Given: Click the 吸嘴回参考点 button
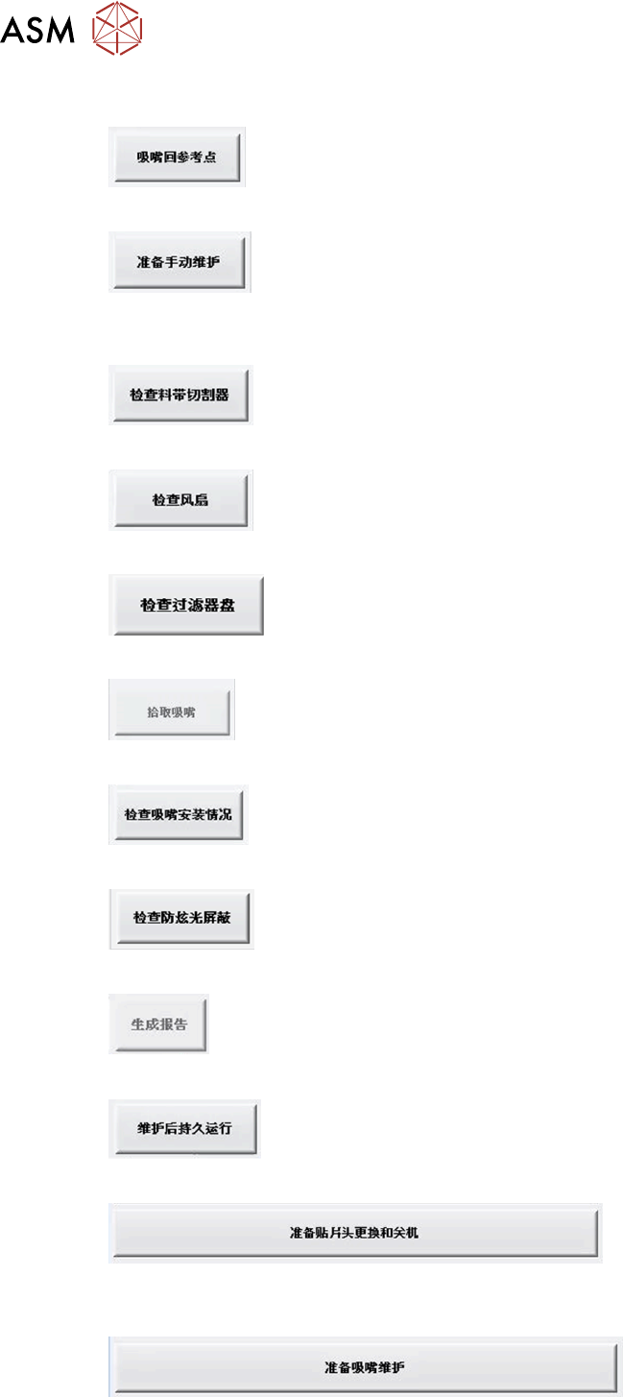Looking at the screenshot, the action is point(177,157).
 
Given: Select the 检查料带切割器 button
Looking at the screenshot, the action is point(180,395).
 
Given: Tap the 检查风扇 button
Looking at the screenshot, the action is point(180,500).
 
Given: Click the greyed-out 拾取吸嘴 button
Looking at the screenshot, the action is point(172,711).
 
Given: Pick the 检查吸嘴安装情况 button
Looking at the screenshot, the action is point(179,815).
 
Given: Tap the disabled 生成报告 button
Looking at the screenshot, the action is point(158,1024).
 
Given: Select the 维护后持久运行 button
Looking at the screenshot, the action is point(184,1129).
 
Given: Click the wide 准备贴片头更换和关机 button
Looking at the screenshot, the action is point(354,1233).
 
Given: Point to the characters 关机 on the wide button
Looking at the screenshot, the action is point(406,1233).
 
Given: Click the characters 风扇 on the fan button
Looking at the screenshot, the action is point(195,500).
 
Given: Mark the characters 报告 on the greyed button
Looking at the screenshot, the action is point(174,1024).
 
